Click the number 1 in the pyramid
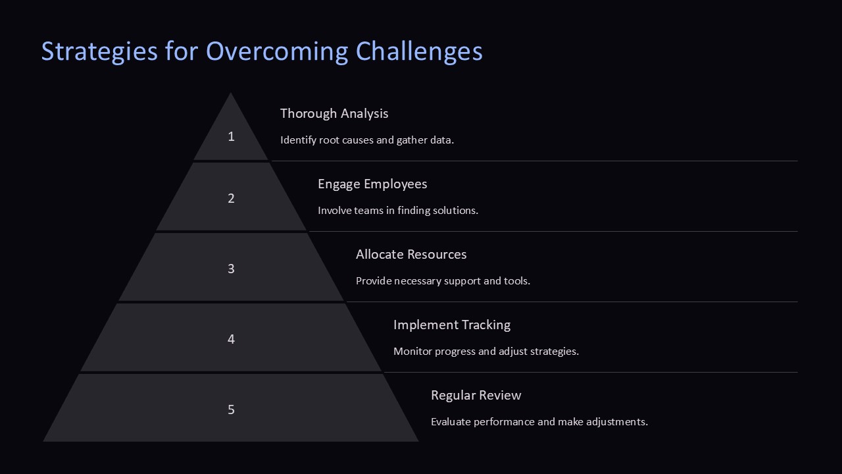[x=231, y=136]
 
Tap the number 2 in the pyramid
[x=231, y=198]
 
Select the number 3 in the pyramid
[x=231, y=269]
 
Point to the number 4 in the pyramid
[x=231, y=339]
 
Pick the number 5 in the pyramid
[x=231, y=409]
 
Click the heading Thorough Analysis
[x=334, y=113]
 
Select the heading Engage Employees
[x=372, y=184]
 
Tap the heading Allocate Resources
[x=411, y=254]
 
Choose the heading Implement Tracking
[x=452, y=325]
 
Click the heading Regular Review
[x=476, y=395]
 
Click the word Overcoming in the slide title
[x=277, y=51]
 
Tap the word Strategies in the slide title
[x=99, y=51]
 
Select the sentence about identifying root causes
[x=367, y=140]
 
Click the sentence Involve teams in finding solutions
[x=398, y=211]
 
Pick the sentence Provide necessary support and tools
[x=443, y=281]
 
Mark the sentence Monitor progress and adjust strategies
[x=486, y=352]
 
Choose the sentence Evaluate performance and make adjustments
[x=539, y=422]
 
